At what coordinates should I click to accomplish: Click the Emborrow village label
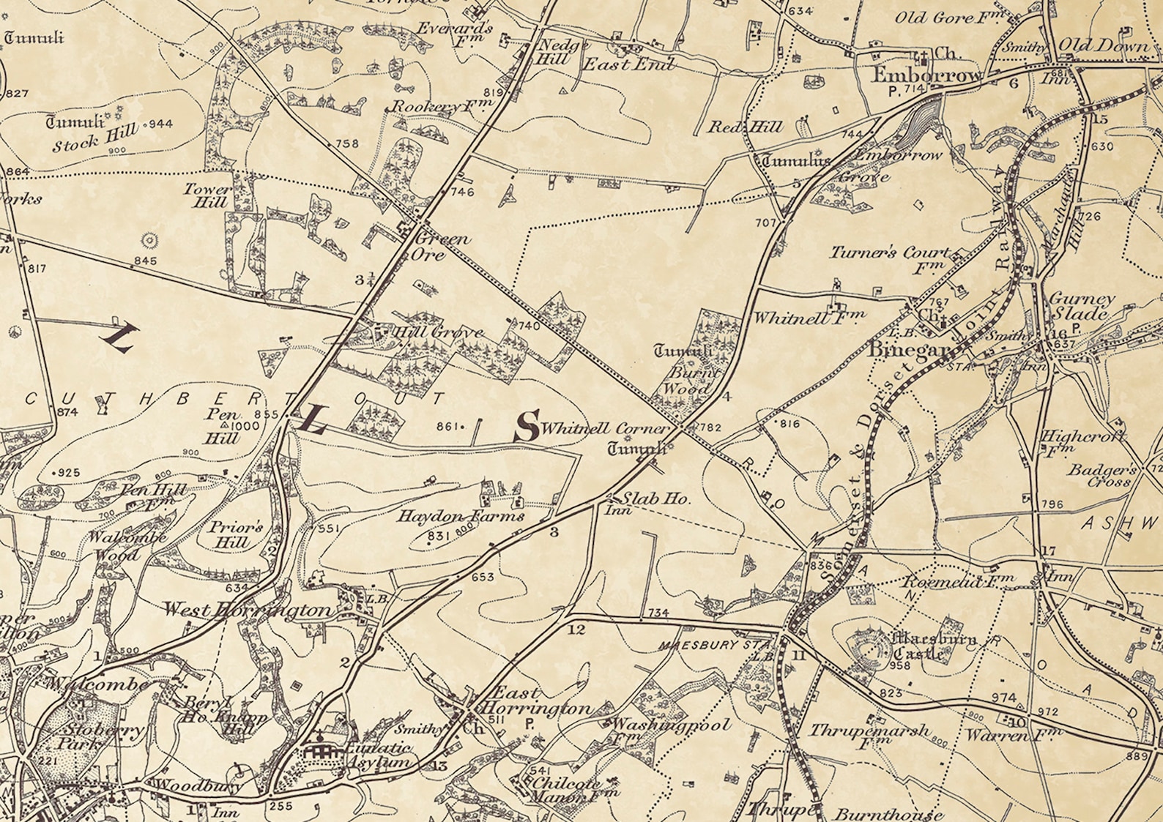[x=926, y=75]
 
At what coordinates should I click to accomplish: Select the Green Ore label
[x=442, y=247]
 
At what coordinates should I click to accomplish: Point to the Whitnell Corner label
[x=606, y=428]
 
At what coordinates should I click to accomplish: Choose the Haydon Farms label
[x=461, y=516]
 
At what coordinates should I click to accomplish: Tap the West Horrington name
[x=248, y=610]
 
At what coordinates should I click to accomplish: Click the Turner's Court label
[x=889, y=253]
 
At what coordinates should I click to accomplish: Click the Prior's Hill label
[x=235, y=535]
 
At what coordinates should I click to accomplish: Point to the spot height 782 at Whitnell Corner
[x=710, y=427]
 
